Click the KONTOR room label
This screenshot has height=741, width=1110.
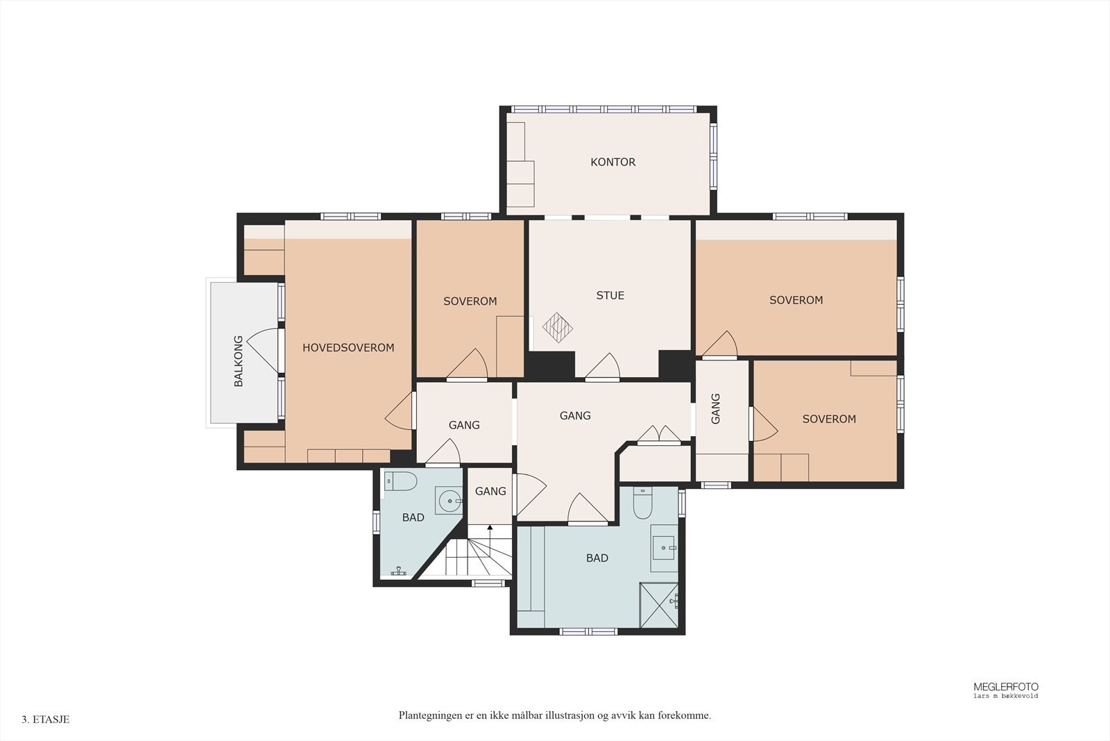(613, 163)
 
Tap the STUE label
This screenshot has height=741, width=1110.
(610, 296)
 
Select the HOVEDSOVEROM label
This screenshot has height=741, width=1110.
(348, 348)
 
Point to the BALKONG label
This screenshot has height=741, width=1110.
(239, 361)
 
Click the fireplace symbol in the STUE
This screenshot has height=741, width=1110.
(558, 327)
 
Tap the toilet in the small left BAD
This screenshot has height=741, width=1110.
(401, 481)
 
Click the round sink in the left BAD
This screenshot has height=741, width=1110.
(450, 501)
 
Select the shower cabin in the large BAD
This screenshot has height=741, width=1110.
(659, 605)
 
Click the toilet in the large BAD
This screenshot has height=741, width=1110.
(642, 503)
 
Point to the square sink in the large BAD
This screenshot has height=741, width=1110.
(664, 547)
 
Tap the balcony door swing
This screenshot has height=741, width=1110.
(263, 350)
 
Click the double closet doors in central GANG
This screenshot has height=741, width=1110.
(659, 434)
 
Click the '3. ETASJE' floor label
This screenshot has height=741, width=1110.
(46, 719)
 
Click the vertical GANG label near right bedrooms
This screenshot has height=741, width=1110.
(715, 408)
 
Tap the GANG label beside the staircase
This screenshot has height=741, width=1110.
(490, 492)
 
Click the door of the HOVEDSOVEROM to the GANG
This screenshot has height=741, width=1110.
(400, 411)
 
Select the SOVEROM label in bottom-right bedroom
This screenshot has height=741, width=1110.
(829, 419)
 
